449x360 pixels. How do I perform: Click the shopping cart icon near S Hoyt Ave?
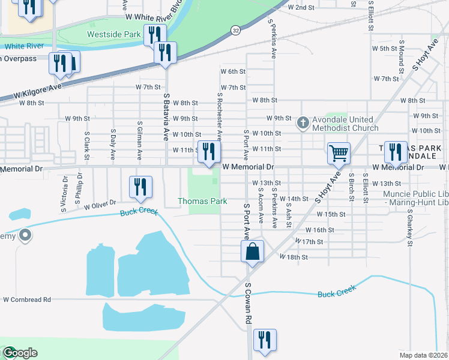pos(339,154)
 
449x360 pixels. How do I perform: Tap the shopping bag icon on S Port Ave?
pos(253,251)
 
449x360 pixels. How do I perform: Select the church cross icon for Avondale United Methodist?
pos(303,124)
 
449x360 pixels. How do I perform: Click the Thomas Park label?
pos(202,201)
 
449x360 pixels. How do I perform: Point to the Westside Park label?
pos(113,34)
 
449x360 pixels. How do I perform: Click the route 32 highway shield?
pos(236,29)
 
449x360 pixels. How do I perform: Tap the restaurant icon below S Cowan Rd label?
pos(264,340)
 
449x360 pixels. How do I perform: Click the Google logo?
pos(19,353)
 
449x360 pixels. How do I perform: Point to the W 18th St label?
pos(294,257)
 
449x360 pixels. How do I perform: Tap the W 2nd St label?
pos(301,8)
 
